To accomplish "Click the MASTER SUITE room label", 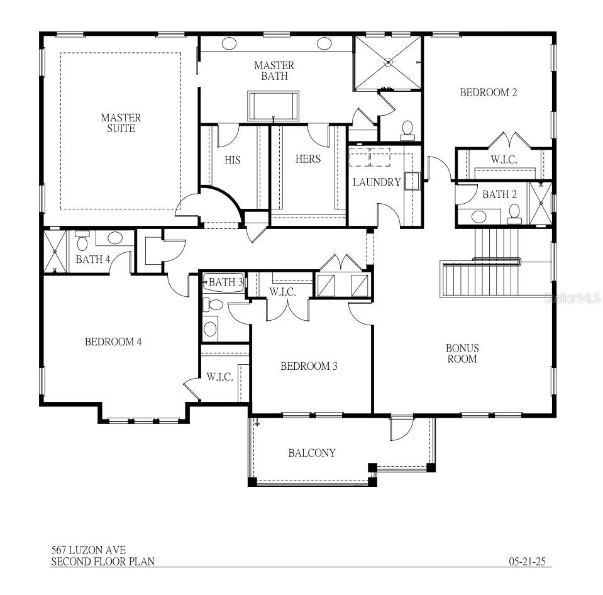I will [121, 123].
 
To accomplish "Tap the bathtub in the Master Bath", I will [273, 105].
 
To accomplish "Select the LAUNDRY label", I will [376, 182].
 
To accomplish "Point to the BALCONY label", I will [311, 453].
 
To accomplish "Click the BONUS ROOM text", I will [462, 353].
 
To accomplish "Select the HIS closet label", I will [233, 160].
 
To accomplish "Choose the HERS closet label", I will [307, 159].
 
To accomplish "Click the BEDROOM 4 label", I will [113, 342].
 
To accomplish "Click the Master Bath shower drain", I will [389, 62].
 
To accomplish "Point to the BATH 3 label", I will [225, 282].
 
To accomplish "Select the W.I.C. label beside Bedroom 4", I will [219, 377].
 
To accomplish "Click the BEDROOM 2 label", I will [488, 92].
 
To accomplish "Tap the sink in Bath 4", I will [114, 238].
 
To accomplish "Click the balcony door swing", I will [401, 429].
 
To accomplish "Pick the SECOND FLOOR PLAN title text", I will [102, 562].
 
